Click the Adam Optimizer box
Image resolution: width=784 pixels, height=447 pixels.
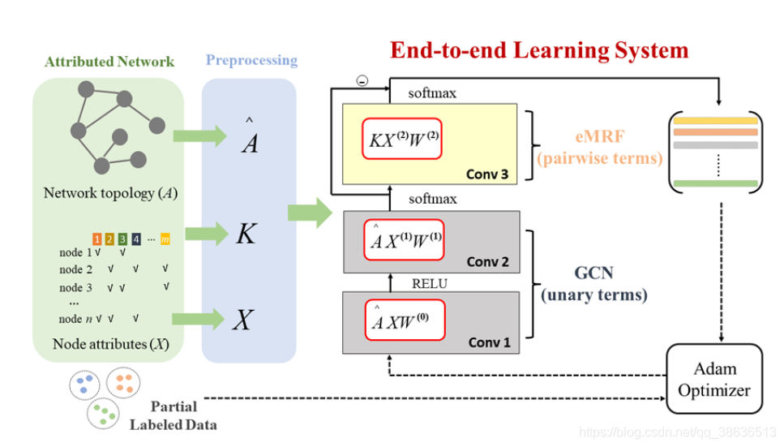714,379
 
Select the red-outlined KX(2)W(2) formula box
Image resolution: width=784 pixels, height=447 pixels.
402,139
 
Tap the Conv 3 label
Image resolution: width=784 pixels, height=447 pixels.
487,174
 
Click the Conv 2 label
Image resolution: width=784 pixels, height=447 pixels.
487,262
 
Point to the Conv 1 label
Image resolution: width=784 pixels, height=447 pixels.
489,342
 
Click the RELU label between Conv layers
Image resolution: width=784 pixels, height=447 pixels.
430,284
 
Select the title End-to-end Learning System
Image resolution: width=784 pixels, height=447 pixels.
539,50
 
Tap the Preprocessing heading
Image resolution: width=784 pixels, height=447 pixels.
251,60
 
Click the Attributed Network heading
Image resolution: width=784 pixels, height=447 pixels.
109,62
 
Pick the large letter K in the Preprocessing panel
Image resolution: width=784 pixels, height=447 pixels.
246,234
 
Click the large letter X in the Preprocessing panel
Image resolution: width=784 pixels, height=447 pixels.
243,320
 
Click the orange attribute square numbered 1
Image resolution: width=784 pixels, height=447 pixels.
97,239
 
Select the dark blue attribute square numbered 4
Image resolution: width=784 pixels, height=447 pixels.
136,239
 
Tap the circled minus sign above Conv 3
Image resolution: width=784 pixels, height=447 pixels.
362,80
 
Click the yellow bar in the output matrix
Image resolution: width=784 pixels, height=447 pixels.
716,121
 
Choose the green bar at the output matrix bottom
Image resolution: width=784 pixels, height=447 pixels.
716,183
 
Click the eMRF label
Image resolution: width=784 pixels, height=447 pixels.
600,136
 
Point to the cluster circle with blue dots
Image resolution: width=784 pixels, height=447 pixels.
84,385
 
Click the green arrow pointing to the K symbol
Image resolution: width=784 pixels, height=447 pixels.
207,234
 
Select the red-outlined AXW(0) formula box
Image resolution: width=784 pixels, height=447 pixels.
405,320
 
